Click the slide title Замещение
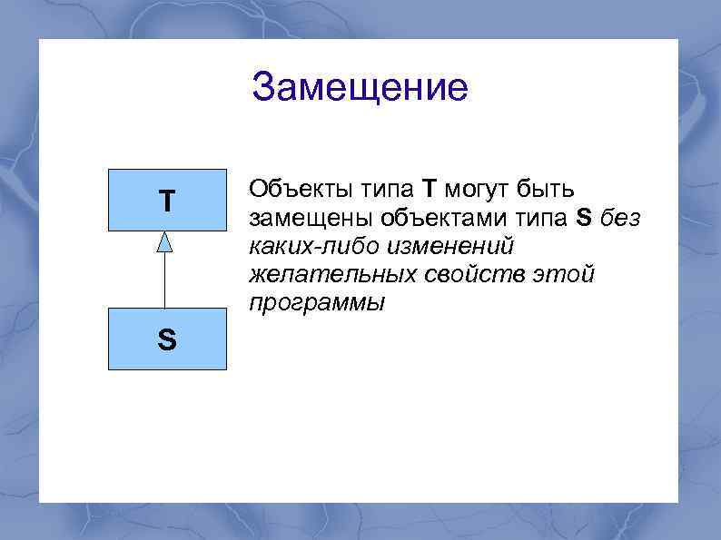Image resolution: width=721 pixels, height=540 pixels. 360,88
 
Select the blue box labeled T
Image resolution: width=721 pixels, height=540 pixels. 166,201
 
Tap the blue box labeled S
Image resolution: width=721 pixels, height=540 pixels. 166,339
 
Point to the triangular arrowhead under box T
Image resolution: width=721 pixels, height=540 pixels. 164,241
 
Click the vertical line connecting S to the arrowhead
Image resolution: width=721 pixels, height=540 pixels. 164,281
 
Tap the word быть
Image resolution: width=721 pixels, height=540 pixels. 545,190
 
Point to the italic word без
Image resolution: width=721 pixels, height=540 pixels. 620,219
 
